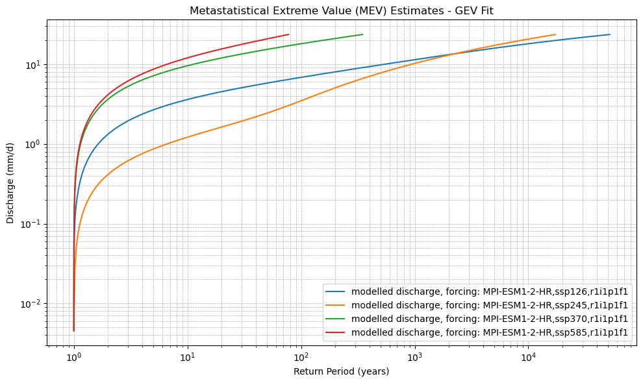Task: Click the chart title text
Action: (341, 11)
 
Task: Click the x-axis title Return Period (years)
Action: (341, 371)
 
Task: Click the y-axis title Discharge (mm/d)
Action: (10, 183)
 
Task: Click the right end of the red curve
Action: (288, 34)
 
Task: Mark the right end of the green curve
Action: (362, 34)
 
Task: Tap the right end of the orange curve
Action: (555, 34)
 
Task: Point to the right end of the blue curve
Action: (610, 34)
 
